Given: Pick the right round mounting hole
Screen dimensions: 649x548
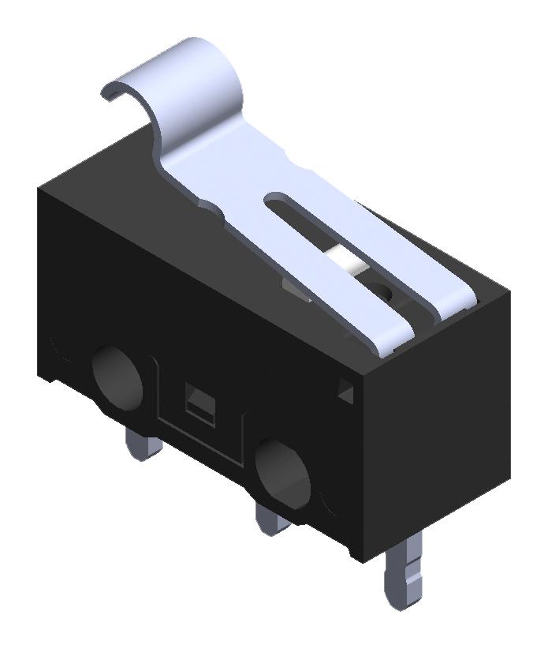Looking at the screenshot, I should (x=284, y=475).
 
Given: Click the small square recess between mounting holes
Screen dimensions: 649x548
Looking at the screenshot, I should (x=197, y=400).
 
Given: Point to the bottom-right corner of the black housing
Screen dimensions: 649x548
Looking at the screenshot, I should (x=509, y=478).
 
